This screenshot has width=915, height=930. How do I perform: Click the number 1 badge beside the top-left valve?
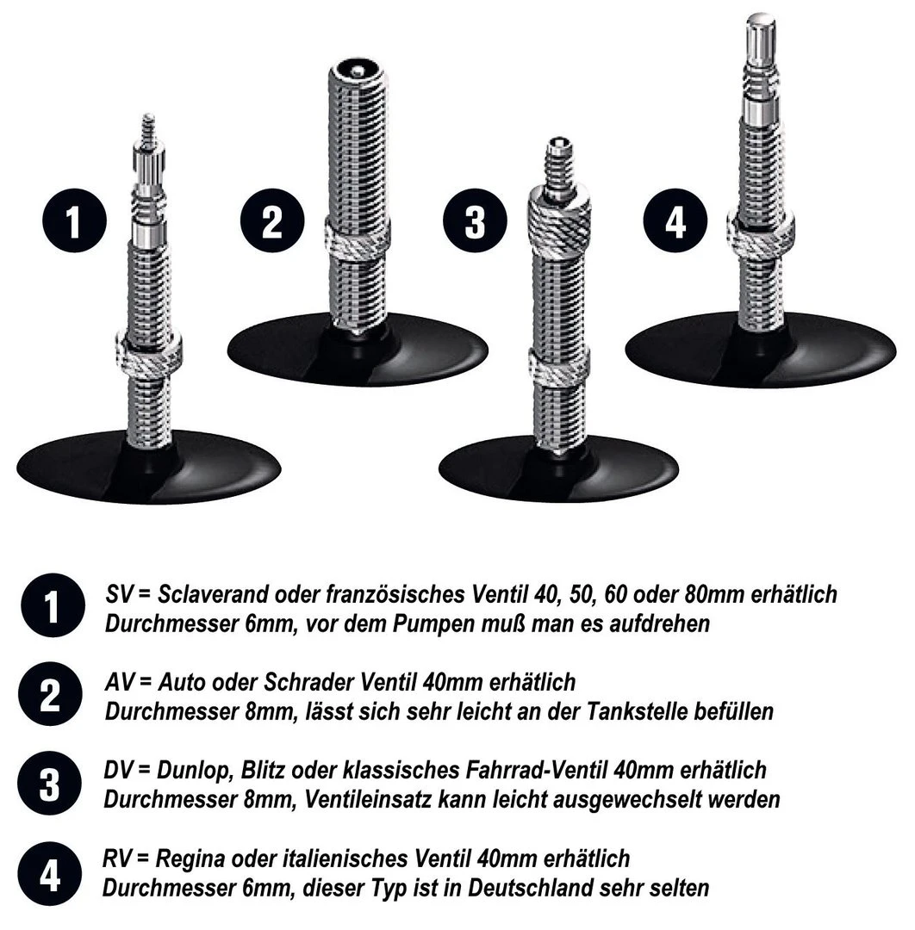[74, 224]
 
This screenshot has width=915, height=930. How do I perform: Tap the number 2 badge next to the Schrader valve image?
[271, 223]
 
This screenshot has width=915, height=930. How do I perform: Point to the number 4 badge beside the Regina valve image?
[675, 223]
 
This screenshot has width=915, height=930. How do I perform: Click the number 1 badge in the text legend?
[51, 607]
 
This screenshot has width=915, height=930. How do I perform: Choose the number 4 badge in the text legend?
[51, 875]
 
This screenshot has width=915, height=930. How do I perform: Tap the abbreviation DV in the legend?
[119, 769]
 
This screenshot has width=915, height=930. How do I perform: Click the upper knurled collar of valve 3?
[558, 220]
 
